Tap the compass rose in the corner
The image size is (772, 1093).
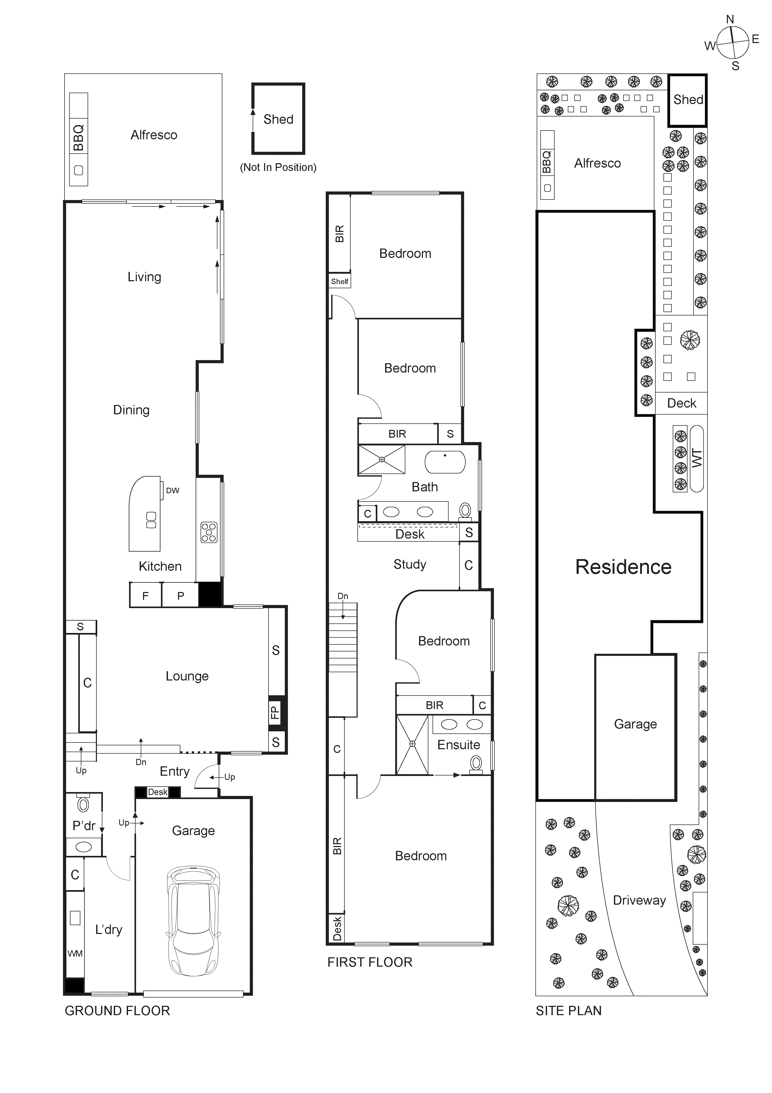pyautogui.click(x=733, y=42)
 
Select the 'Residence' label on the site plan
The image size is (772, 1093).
pyautogui.click(x=623, y=567)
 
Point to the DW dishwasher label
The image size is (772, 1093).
pyautogui.click(x=172, y=490)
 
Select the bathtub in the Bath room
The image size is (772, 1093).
pyautogui.click(x=445, y=462)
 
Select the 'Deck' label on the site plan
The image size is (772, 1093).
pyautogui.click(x=681, y=403)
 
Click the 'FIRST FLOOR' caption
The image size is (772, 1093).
pyautogui.click(x=370, y=962)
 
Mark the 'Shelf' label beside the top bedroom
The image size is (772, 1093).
pyautogui.click(x=340, y=281)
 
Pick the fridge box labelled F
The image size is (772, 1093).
pyautogui.click(x=146, y=595)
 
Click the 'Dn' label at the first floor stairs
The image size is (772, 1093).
pyautogui.click(x=343, y=596)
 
